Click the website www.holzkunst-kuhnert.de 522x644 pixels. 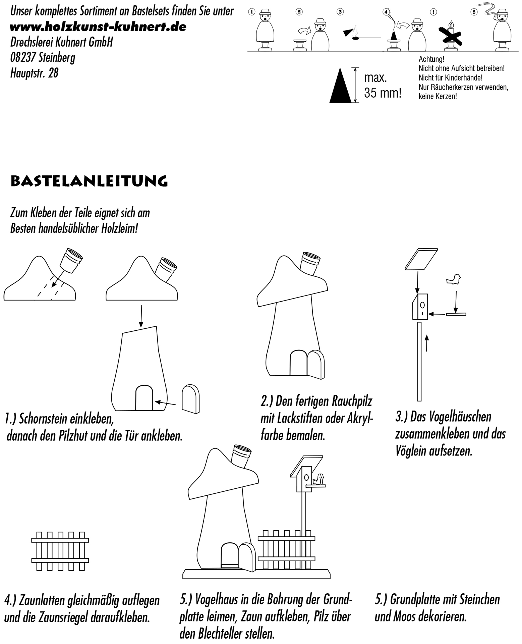coord(98,27)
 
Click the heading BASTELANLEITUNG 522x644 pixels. coord(89,181)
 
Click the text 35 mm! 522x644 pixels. coord(382,93)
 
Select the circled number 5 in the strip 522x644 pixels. coord(473,12)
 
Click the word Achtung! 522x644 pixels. coord(431,59)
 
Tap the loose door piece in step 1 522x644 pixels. coord(190,399)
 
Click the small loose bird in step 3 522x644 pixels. coord(454,279)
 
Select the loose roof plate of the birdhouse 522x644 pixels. coord(421,259)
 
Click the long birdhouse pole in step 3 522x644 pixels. coord(419,362)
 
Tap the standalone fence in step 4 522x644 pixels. coord(60,550)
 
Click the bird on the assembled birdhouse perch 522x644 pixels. coord(320,479)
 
